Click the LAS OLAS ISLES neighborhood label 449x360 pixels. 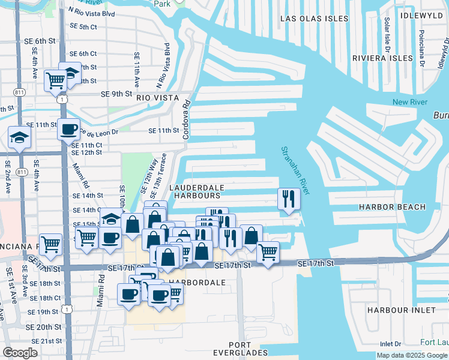(x=314, y=19)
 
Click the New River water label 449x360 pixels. (x=409, y=102)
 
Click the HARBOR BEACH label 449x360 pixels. (x=392, y=207)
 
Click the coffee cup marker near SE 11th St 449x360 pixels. (x=69, y=128)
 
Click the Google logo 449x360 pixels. (x=20, y=353)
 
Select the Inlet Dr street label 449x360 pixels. (x=390, y=344)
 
